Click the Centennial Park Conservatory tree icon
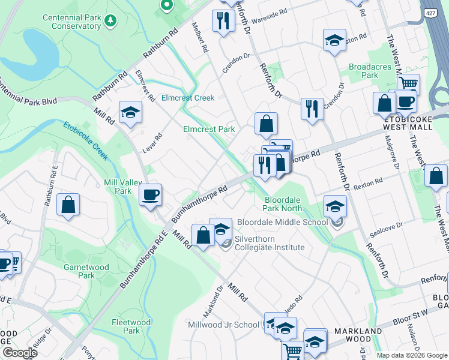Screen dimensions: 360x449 coord(110,22)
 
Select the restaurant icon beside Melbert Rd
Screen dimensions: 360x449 coord(223,21)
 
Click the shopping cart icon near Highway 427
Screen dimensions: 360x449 coord(409,84)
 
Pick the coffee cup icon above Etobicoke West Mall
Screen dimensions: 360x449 coord(406,100)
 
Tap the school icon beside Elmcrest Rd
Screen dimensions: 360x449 coord(130,112)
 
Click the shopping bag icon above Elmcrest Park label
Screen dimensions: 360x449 coord(266,124)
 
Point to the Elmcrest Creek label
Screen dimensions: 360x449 coord(188,98)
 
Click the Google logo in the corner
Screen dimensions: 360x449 coord(20,353)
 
